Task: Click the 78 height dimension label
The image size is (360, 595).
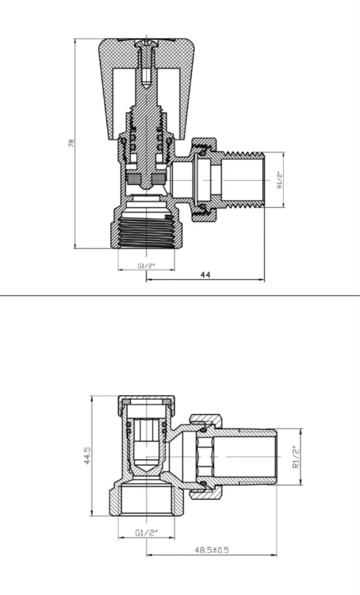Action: [x=71, y=143]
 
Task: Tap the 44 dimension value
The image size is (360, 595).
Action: [x=205, y=274]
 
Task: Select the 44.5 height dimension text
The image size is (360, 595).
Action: [x=87, y=455]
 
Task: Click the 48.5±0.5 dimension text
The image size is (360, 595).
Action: [x=212, y=550]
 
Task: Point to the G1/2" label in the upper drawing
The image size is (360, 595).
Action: [x=147, y=266]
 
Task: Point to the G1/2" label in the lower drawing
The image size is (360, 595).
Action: [x=147, y=532]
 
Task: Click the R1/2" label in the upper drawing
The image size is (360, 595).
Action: [x=280, y=180]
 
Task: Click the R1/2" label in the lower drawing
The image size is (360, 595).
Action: [x=297, y=457]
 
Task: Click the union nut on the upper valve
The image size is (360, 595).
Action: [x=205, y=180]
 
